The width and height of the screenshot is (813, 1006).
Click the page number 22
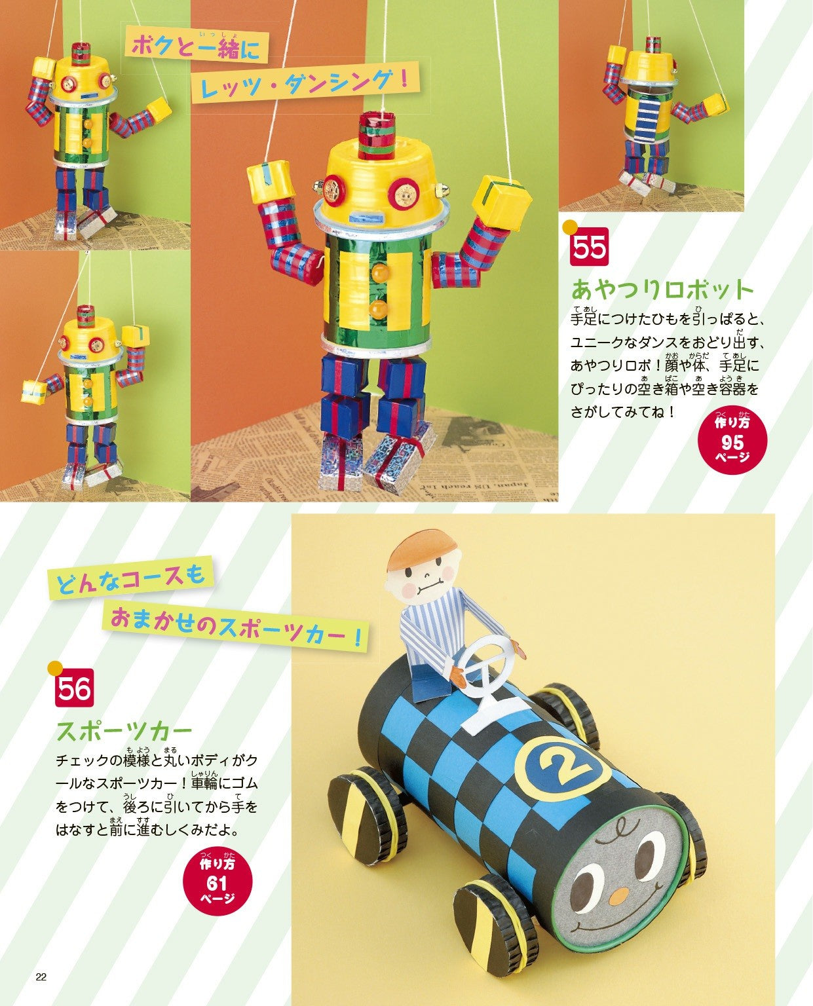pyautogui.click(x=41, y=978)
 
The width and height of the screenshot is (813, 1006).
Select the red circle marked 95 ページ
pyautogui.click(x=732, y=438)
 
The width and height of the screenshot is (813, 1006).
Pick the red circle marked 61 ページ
pyautogui.click(x=217, y=881)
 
